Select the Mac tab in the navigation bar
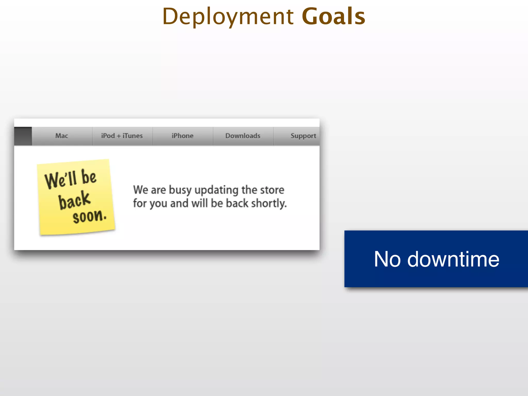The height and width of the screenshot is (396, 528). click(62, 136)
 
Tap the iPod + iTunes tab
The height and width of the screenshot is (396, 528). click(122, 136)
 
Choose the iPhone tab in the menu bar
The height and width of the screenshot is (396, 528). click(183, 136)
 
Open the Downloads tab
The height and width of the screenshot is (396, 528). click(243, 136)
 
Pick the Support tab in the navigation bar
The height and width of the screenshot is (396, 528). click(303, 136)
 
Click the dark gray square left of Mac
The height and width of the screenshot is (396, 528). click(23, 136)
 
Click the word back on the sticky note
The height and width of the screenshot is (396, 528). click(74, 200)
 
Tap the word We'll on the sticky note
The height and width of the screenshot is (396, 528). click(61, 179)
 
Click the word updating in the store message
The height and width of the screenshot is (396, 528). click(216, 190)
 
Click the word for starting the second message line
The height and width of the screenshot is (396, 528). click(140, 203)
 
